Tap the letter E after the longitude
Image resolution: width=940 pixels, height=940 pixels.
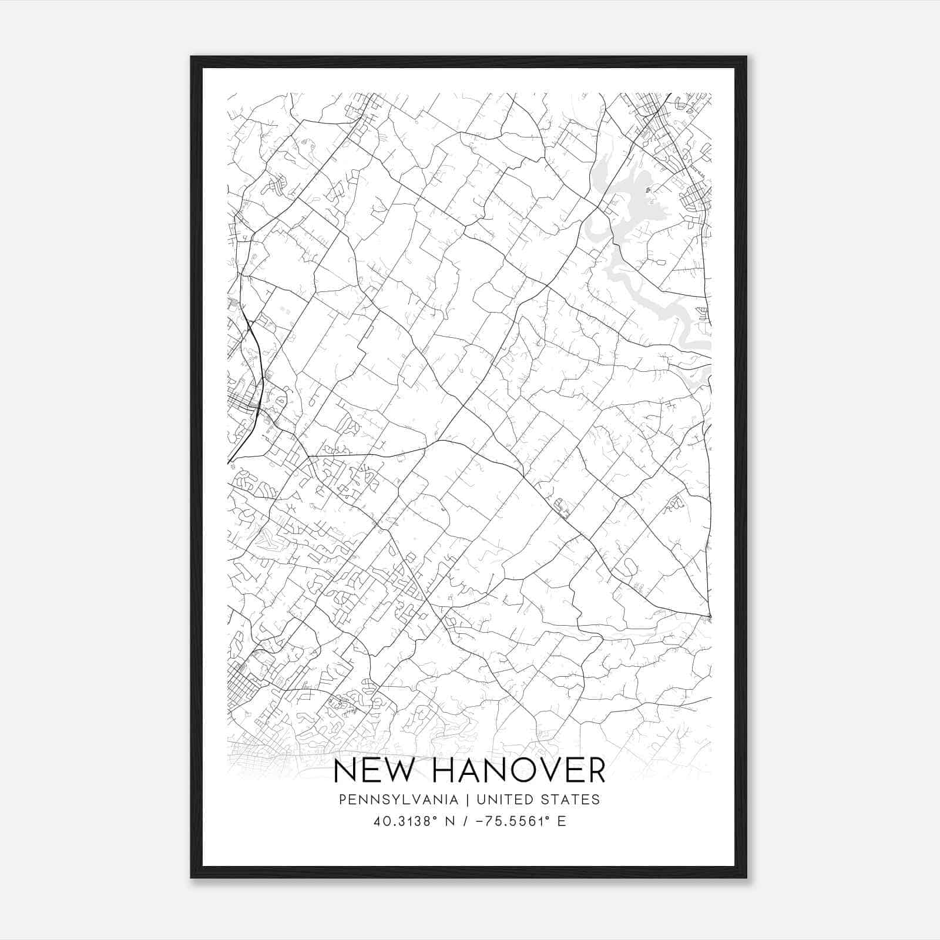[562, 821]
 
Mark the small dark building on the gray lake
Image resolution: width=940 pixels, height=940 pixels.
[648, 190]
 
